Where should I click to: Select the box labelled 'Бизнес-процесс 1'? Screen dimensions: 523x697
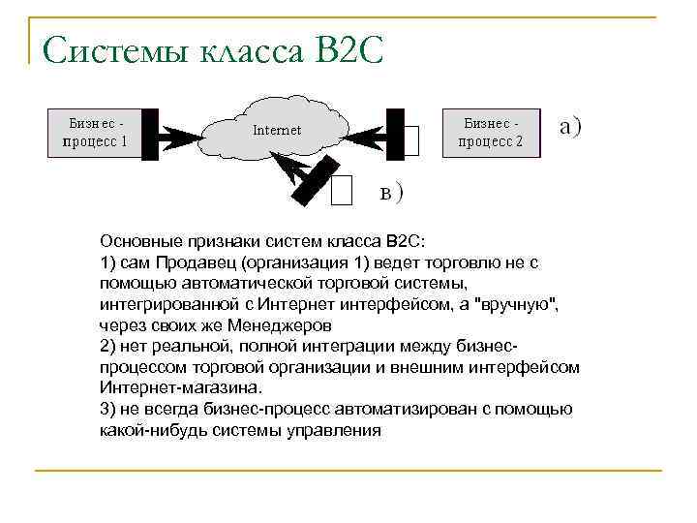96,133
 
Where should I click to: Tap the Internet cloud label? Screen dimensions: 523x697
277,130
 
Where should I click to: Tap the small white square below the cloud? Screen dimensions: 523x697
341,191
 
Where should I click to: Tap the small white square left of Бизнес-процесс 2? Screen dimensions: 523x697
410,141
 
